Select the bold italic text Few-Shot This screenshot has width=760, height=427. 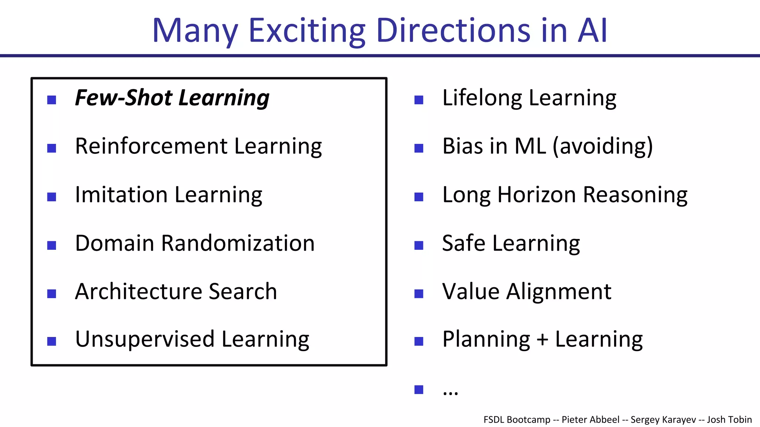pos(123,98)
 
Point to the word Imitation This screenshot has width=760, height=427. pos(121,195)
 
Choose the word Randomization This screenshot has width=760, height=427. pos(237,243)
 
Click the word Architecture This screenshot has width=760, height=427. pos(138,291)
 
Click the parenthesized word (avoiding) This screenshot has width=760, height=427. pos(603,146)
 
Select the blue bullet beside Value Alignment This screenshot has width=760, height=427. pos(419,294)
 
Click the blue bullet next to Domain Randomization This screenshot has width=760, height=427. pos(52,245)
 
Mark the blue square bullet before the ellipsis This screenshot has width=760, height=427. pos(419,390)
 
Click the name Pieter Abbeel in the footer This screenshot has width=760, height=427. pos(590,420)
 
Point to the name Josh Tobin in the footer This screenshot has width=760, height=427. pos(729,420)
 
